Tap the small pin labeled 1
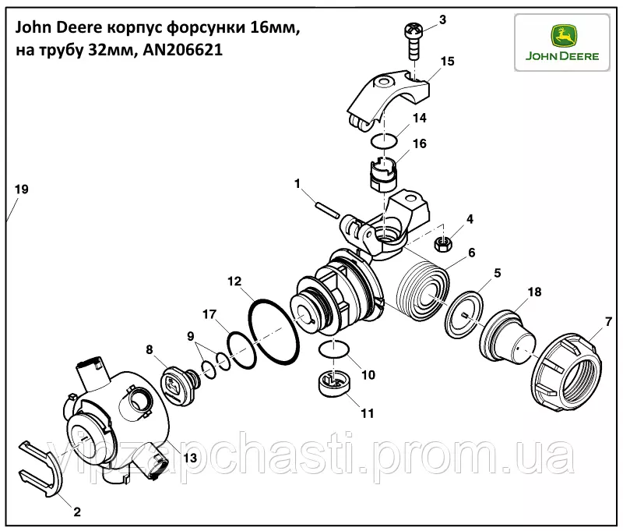click(x=328, y=211)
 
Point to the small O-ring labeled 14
click(x=384, y=141)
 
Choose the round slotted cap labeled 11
click(x=334, y=383)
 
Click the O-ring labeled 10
click(x=334, y=349)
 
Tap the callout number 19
click(x=22, y=189)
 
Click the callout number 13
click(x=190, y=458)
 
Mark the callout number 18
click(x=534, y=292)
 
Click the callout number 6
click(x=472, y=252)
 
